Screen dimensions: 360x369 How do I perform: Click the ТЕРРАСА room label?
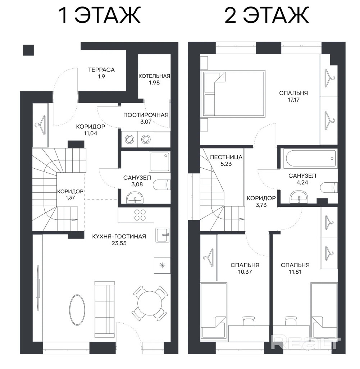tap(101, 70)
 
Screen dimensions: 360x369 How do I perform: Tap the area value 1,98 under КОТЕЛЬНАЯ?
tap(154, 82)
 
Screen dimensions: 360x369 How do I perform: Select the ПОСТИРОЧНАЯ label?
tap(146, 115)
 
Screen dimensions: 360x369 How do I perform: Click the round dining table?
tap(150, 303)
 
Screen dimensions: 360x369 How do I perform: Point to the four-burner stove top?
tap(140, 215)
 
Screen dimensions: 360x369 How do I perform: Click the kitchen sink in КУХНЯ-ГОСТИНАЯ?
tap(162, 234)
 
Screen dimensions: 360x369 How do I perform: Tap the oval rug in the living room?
tap(77, 310)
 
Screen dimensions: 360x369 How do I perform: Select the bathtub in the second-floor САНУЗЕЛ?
tap(310, 159)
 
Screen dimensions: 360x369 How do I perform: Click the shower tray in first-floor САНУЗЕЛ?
tap(159, 162)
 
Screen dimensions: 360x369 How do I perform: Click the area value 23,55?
tap(119, 243)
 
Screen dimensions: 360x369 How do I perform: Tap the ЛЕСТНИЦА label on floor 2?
tap(226, 157)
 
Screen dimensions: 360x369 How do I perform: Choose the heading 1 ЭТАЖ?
tap(100, 15)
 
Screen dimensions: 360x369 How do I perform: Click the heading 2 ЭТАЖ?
tap(267, 15)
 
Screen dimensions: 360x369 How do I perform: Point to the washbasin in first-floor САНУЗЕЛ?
tap(135, 198)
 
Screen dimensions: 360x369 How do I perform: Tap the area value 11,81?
tap(295, 272)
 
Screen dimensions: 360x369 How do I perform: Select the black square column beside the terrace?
tap(28, 50)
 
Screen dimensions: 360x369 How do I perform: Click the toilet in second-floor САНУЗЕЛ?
tap(329, 188)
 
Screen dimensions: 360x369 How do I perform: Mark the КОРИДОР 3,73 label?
tap(261, 201)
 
